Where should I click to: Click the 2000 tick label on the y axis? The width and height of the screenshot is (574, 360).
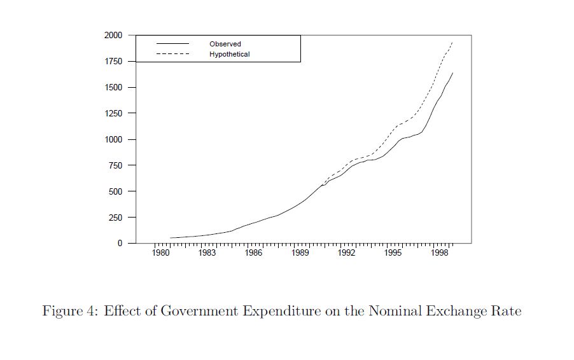pyautogui.click(x=114, y=36)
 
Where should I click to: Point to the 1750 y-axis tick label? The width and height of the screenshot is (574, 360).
pyautogui.click(x=114, y=62)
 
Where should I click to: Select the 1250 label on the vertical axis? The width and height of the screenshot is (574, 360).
pyautogui.click(x=114, y=113)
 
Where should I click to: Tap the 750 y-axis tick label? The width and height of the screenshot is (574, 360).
pyautogui.click(x=116, y=165)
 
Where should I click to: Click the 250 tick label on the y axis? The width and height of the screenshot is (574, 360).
pyautogui.click(x=116, y=218)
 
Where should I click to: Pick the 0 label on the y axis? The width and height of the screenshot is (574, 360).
pyautogui.click(x=120, y=244)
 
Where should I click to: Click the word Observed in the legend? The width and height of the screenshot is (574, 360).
pyautogui.click(x=225, y=44)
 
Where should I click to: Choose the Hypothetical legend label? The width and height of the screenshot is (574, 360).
pyautogui.click(x=229, y=54)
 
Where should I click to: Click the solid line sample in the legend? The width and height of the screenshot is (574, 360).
pyautogui.click(x=173, y=44)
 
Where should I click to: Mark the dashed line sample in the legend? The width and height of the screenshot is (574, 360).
pyautogui.click(x=173, y=54)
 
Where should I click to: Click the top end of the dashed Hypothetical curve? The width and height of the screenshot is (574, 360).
pyautogui.click(x=452, y=43)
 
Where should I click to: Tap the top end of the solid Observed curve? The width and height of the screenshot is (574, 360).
pyautogui.click(x=452, y=73)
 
